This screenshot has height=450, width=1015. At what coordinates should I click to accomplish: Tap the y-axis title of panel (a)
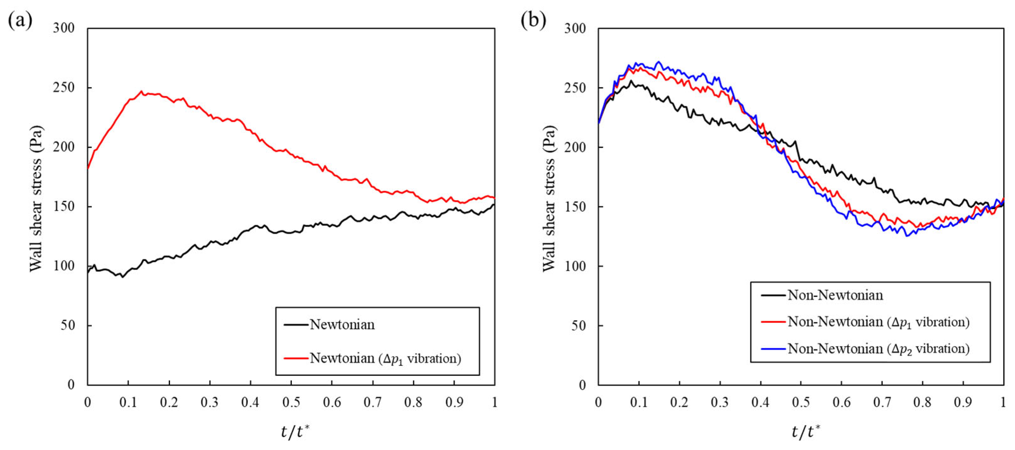tap(36, 199)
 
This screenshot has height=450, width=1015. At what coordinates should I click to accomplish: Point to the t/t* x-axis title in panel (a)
tap(296, 432)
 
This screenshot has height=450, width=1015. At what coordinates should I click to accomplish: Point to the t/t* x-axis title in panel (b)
tap(806, 432)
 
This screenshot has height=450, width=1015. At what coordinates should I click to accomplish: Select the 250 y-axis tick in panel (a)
tap(64, 88)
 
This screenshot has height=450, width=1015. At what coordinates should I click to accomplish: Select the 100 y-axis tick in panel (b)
tap(575, 266)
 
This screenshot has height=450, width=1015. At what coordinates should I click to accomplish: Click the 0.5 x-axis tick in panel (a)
tap(291, 402)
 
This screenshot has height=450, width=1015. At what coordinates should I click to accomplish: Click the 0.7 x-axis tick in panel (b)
tap(882, 402)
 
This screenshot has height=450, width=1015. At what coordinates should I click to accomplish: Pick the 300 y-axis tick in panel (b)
tap(575, 29)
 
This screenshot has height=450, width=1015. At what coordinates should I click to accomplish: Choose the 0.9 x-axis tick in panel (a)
tap(454, 402)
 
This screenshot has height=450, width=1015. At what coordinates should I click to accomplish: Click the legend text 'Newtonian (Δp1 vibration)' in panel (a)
tap(385, 358)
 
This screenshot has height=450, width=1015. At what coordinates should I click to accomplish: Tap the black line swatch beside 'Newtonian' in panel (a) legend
tap(296, 325)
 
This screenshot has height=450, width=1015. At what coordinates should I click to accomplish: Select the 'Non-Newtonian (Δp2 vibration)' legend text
tap(879, 349)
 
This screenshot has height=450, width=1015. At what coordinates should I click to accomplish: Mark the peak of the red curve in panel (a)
tap(141, 91)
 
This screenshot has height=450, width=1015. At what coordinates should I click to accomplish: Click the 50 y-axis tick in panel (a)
tap(68, 325)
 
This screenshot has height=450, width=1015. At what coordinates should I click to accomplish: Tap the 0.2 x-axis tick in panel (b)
tap(679, 402)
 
